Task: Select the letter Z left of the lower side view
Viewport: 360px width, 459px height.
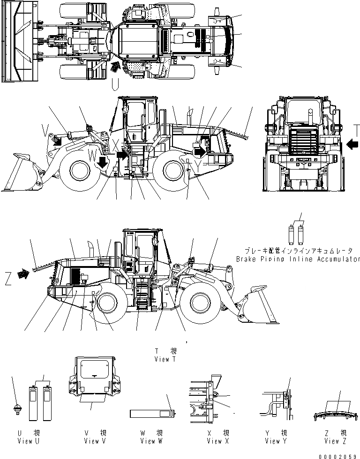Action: pyautogui.click(x=7, y=279)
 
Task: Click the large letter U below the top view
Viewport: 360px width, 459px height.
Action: pyautogui.click(x=115, y=85)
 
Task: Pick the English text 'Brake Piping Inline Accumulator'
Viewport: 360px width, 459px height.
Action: pyautogui.click(x=298, y=259)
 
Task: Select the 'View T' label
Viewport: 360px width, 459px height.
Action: pyautogui.click(x=165, y=359)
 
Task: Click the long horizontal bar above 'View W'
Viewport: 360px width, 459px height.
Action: pyautogui.click(x=152, y=414)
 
